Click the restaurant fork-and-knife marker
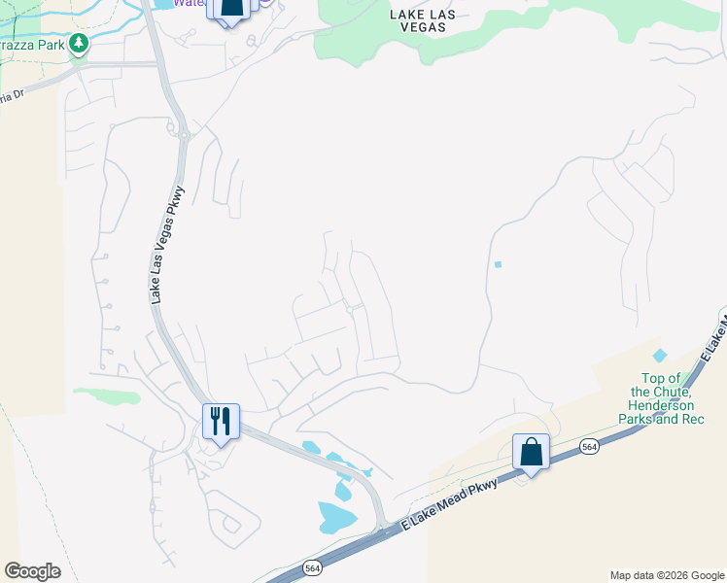[x=221, y=422]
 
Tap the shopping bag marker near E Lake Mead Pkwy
[x=531, y=453]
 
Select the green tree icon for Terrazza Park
[x=79, y=43]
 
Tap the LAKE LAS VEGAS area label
[x=418, y=20]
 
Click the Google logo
[x=32, y=570]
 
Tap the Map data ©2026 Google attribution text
[x=666, y=575]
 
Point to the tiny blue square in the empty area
[x=498, y=264]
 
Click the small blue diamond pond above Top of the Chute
[x=661, y=357]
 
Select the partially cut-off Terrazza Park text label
[x=32, y=45]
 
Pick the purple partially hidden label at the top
[x=190, y=3]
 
